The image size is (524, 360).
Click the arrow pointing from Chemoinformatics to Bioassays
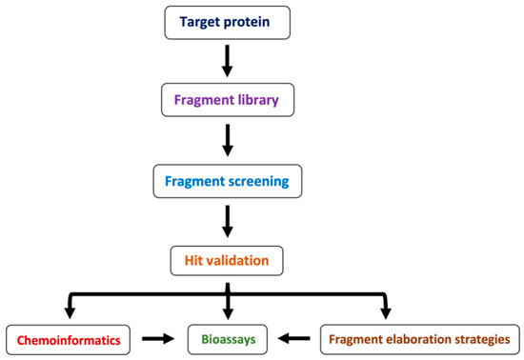click(156, 336)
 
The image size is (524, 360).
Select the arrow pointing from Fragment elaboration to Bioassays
click(292, 336)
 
